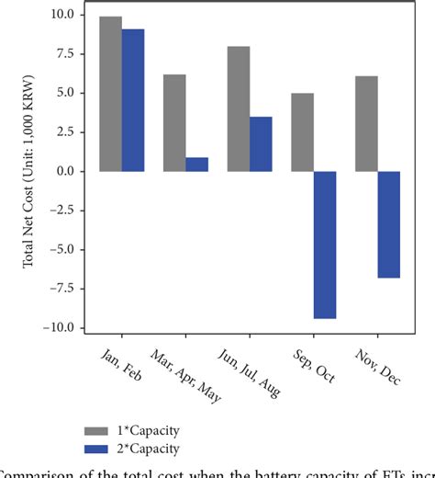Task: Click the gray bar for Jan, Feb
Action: [x=111, y=94]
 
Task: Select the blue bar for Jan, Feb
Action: [x=133, y=100]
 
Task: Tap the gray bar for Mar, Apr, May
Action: [x=174, y=123]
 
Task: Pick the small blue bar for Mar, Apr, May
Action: [x=196, y=165]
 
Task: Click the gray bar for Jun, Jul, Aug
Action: [x=239, y=108]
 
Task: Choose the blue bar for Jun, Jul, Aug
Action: [x=261, y=144]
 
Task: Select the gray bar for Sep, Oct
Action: [x=303, y=132]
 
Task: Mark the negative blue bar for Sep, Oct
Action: [x=325, y=245]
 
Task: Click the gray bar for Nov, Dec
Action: [x=366, y=124]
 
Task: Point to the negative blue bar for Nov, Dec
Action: [x=389, y=224]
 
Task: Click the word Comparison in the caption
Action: [x=37, y=472]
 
